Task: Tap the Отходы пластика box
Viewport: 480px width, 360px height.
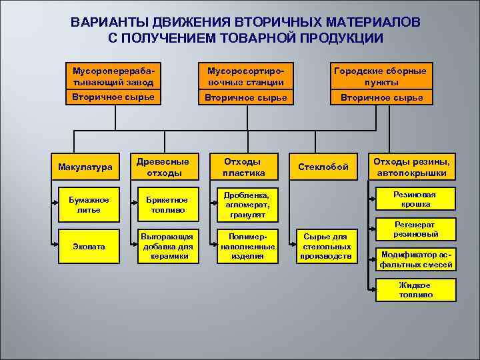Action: click(244, 167)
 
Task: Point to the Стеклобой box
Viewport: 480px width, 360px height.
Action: click(323, 167)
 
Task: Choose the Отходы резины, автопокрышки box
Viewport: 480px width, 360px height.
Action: click(411, 167)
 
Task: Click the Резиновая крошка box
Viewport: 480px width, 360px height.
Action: click(415, 199)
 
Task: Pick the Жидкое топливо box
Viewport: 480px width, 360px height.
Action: click(415, 290)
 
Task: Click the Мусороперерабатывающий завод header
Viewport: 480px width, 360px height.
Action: click(113, 77)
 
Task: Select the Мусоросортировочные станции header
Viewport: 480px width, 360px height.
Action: click(245, 77)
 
